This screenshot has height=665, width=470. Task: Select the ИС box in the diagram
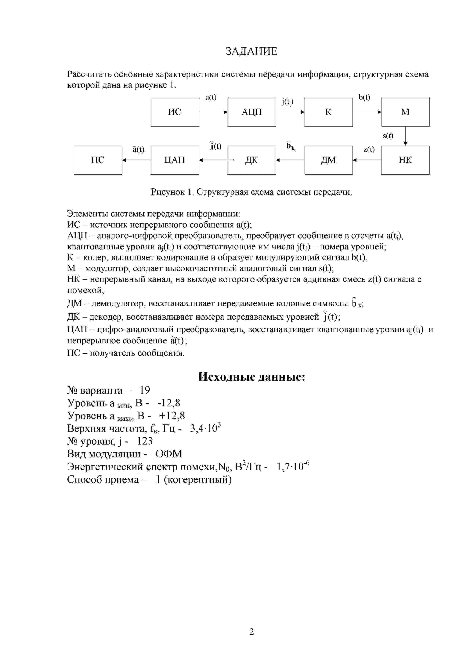[175, 112]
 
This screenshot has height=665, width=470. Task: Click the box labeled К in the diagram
[328, 112]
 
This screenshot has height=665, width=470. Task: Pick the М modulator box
[405, 112]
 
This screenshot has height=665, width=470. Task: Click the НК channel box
[405, 160]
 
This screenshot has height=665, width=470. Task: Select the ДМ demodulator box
[328, 160]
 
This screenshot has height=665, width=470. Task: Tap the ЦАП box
[175, 160]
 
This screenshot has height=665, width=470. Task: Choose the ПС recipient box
[98, 160]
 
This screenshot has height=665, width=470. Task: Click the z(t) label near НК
[369, 149]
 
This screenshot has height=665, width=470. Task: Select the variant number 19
[145, 391]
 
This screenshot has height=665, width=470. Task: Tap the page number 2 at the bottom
[251, 632]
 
